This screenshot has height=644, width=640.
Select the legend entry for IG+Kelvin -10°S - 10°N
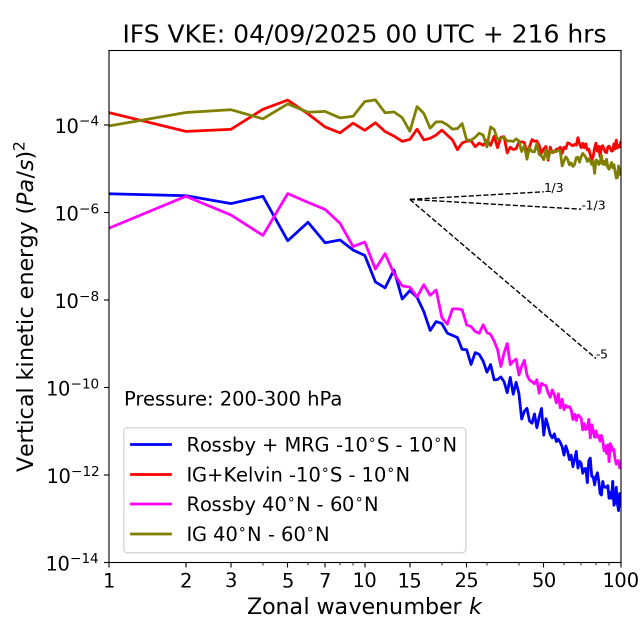[298, 474]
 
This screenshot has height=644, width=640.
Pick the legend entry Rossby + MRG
[321, 444]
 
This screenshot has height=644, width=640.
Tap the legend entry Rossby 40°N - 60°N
[282, 504]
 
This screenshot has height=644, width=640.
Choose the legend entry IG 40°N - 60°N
[257, 534]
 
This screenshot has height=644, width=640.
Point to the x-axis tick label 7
[325, 580]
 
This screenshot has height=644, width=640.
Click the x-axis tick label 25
[466, 580]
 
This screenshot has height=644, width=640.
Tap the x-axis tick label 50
[543, 580]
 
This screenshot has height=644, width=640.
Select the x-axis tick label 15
[409, 580]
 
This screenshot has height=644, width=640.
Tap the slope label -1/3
[594, 205]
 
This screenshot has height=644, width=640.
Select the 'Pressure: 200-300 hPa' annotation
[233, 399]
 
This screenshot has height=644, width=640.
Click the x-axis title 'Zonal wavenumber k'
[364, 606]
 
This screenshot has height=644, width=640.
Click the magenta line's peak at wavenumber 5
[287, 193]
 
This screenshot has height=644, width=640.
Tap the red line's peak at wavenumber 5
[287, 100]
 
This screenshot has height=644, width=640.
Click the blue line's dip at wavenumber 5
[287, 240]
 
